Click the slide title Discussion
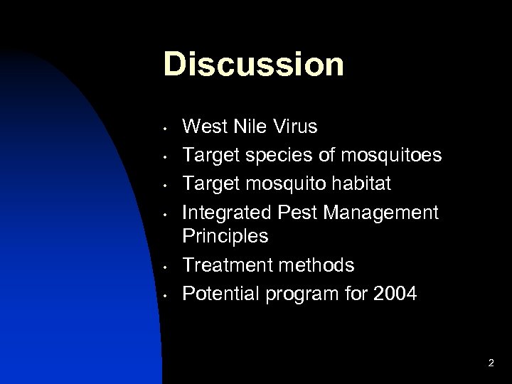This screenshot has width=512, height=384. [254, 63]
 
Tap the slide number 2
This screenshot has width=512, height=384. [491, 363]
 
